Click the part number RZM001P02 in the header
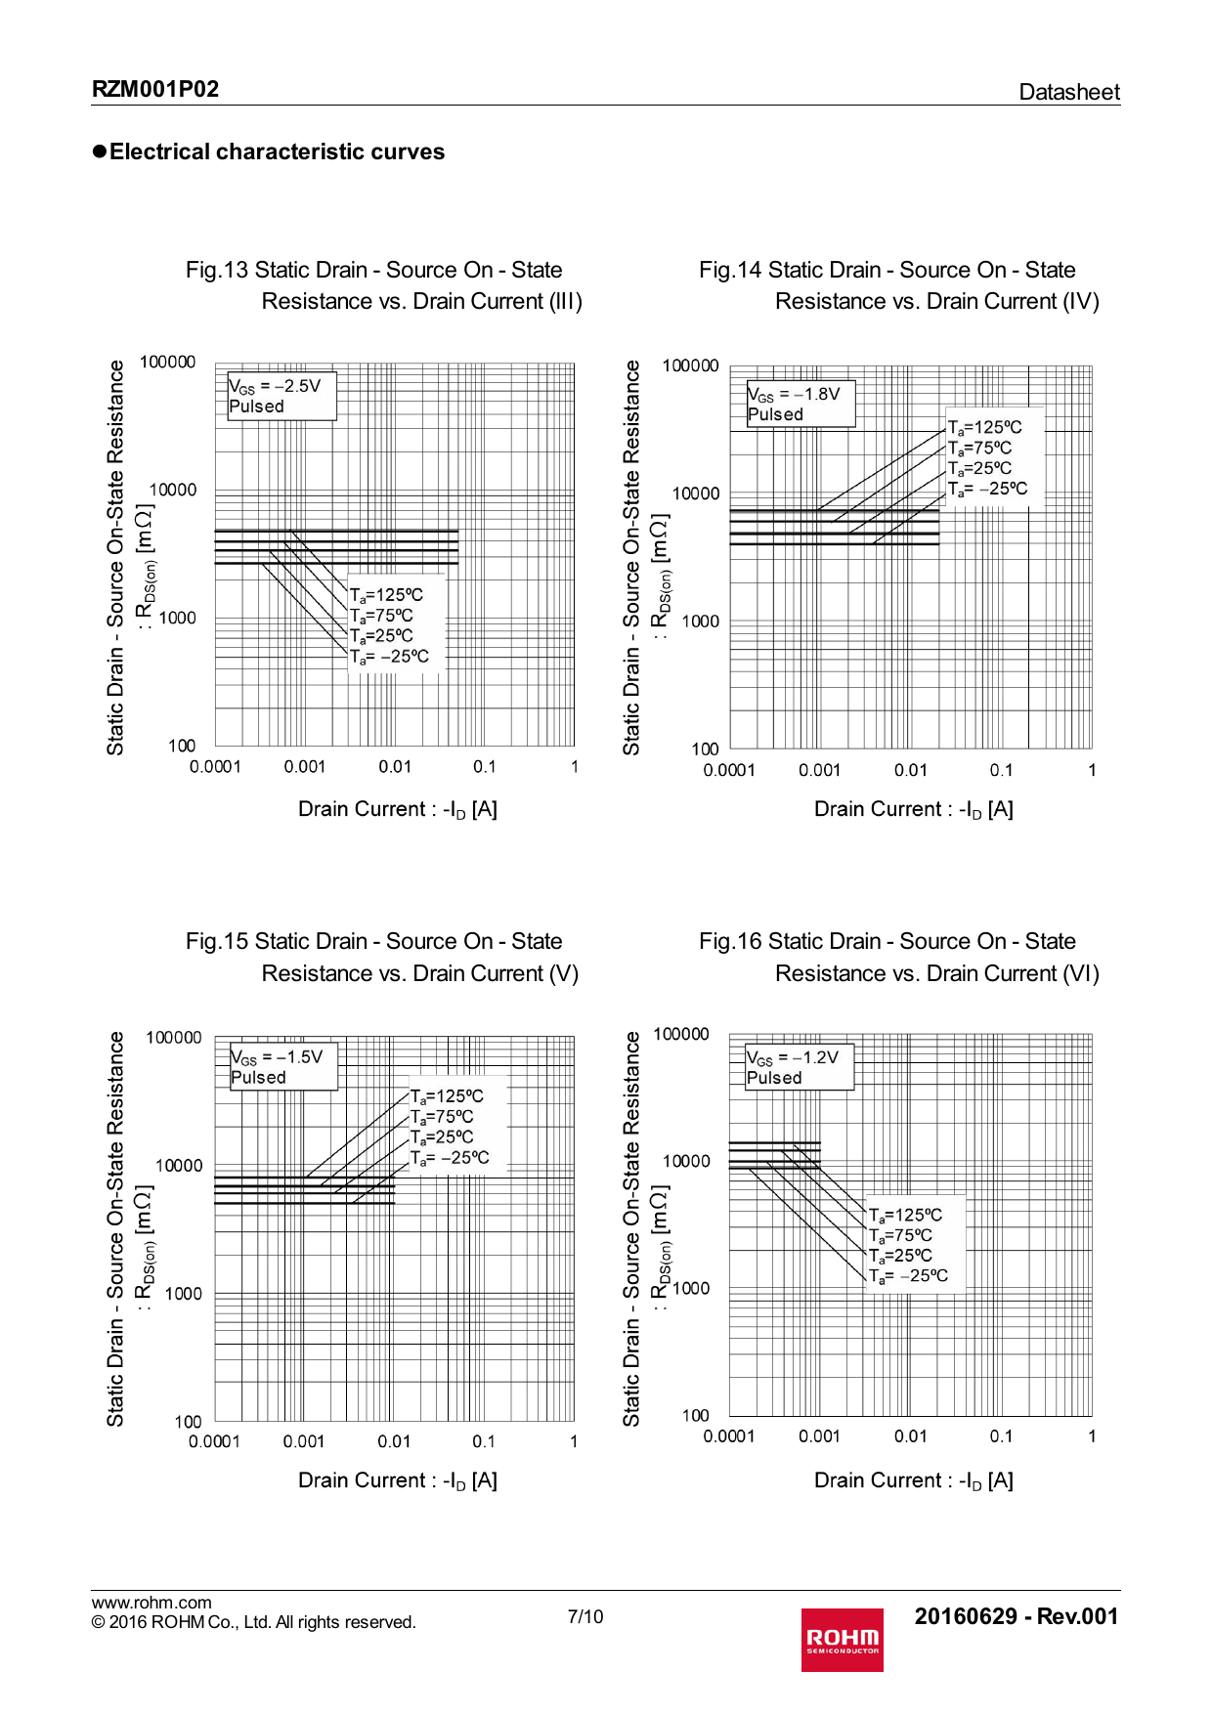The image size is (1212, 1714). (155, 90)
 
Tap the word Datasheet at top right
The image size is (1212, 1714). (1068, 92)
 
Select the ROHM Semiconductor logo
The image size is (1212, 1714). (842, 1640)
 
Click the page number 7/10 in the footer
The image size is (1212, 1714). (585, 1616)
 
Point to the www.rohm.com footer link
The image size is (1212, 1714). (151, 1603)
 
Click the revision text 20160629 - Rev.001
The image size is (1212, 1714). (1016, 1616)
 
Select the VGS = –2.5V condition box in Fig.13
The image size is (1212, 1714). (281, 396)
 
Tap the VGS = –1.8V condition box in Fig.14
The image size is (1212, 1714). (800, 404)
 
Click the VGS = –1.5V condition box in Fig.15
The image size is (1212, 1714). (282, 1066)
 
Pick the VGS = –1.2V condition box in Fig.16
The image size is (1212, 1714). (799, 1067)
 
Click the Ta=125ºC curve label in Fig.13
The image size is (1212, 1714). (387, 595)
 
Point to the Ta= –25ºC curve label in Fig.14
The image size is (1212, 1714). (988, 489)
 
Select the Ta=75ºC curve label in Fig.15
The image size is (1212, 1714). (442, 1117)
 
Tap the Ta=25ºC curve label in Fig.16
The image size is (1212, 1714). (900, 1256)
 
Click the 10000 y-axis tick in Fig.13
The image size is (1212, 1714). (173, 490)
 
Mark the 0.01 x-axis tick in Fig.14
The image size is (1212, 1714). (910, 770)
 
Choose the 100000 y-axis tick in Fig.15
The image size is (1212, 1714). (174, 1038)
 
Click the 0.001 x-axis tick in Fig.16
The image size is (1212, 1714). (819, 1436)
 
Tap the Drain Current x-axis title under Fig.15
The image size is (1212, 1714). (398, 1480)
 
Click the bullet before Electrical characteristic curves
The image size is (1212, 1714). (99, 151)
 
